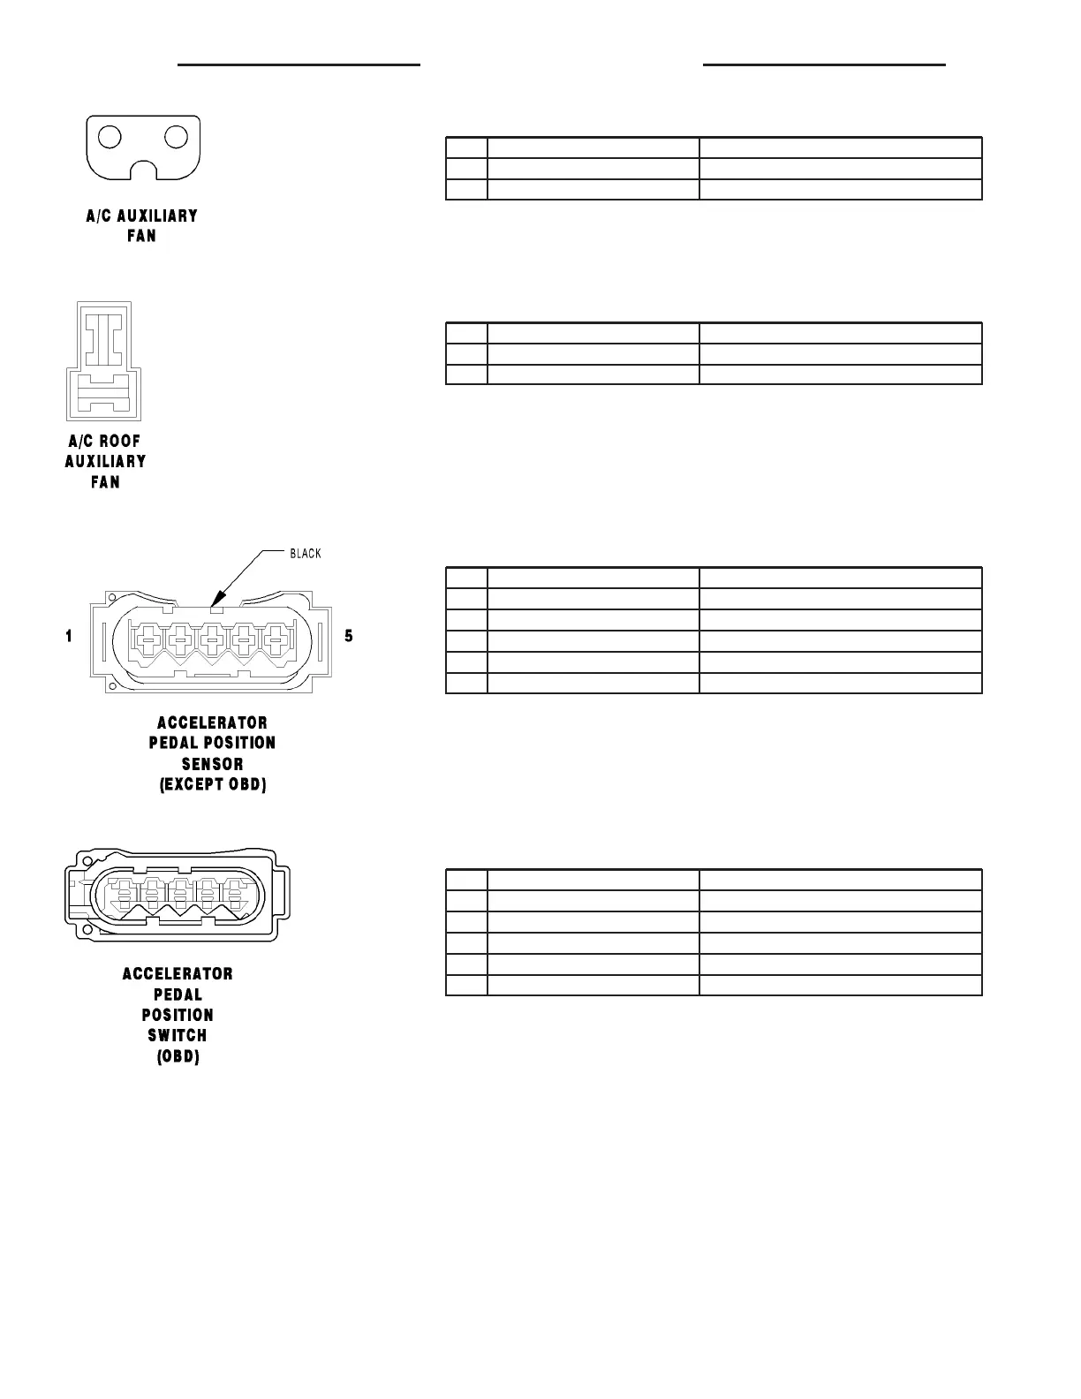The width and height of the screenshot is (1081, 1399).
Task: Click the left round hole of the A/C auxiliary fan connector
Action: coord(110,137)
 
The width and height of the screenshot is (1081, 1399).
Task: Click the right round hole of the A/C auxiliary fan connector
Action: coord(177,137)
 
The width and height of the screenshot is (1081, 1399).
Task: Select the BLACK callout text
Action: coord(306,554)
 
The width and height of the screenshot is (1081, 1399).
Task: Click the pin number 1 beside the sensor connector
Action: coord(69,636)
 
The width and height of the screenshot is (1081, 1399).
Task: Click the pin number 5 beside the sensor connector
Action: coord(349,636)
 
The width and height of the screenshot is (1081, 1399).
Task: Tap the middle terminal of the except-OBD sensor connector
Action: coord(212,636)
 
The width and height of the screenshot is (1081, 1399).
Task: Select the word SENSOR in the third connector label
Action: coord(212,764)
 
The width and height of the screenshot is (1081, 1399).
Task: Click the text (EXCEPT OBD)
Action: coord(213,784)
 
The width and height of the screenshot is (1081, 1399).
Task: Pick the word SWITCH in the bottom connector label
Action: coord(178,1035)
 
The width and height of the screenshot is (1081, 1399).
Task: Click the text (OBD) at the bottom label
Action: coord(178,1056)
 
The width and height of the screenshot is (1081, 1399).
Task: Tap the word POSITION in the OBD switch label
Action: coord(178,1015)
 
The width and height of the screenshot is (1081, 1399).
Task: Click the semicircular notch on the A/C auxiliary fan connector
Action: coord(143,169)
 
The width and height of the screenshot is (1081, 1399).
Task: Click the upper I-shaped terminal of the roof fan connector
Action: coord(105,337)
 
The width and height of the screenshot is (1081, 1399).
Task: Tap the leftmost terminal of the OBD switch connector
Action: coord(122,894)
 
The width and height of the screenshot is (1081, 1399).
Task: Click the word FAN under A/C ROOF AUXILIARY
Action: coord(106,482)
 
